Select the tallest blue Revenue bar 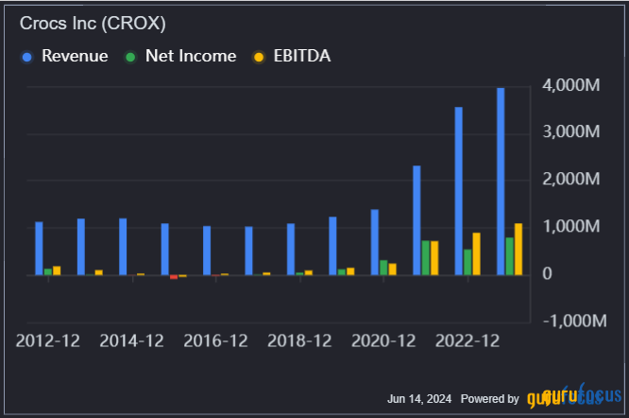click(x=501, y=181)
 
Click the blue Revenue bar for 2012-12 click(x=39, y=248)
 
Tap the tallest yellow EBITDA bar click(x=518, y=249)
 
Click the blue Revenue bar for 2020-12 click(x=375, y=242)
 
